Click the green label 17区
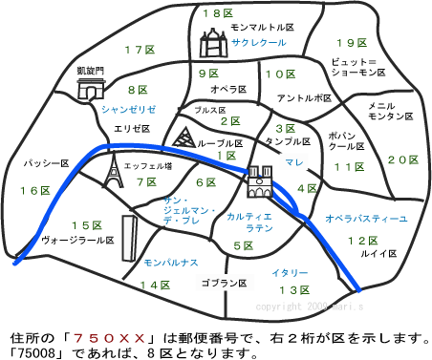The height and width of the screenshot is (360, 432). coord(139,49)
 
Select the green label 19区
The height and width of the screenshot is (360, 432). coord(351,42)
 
